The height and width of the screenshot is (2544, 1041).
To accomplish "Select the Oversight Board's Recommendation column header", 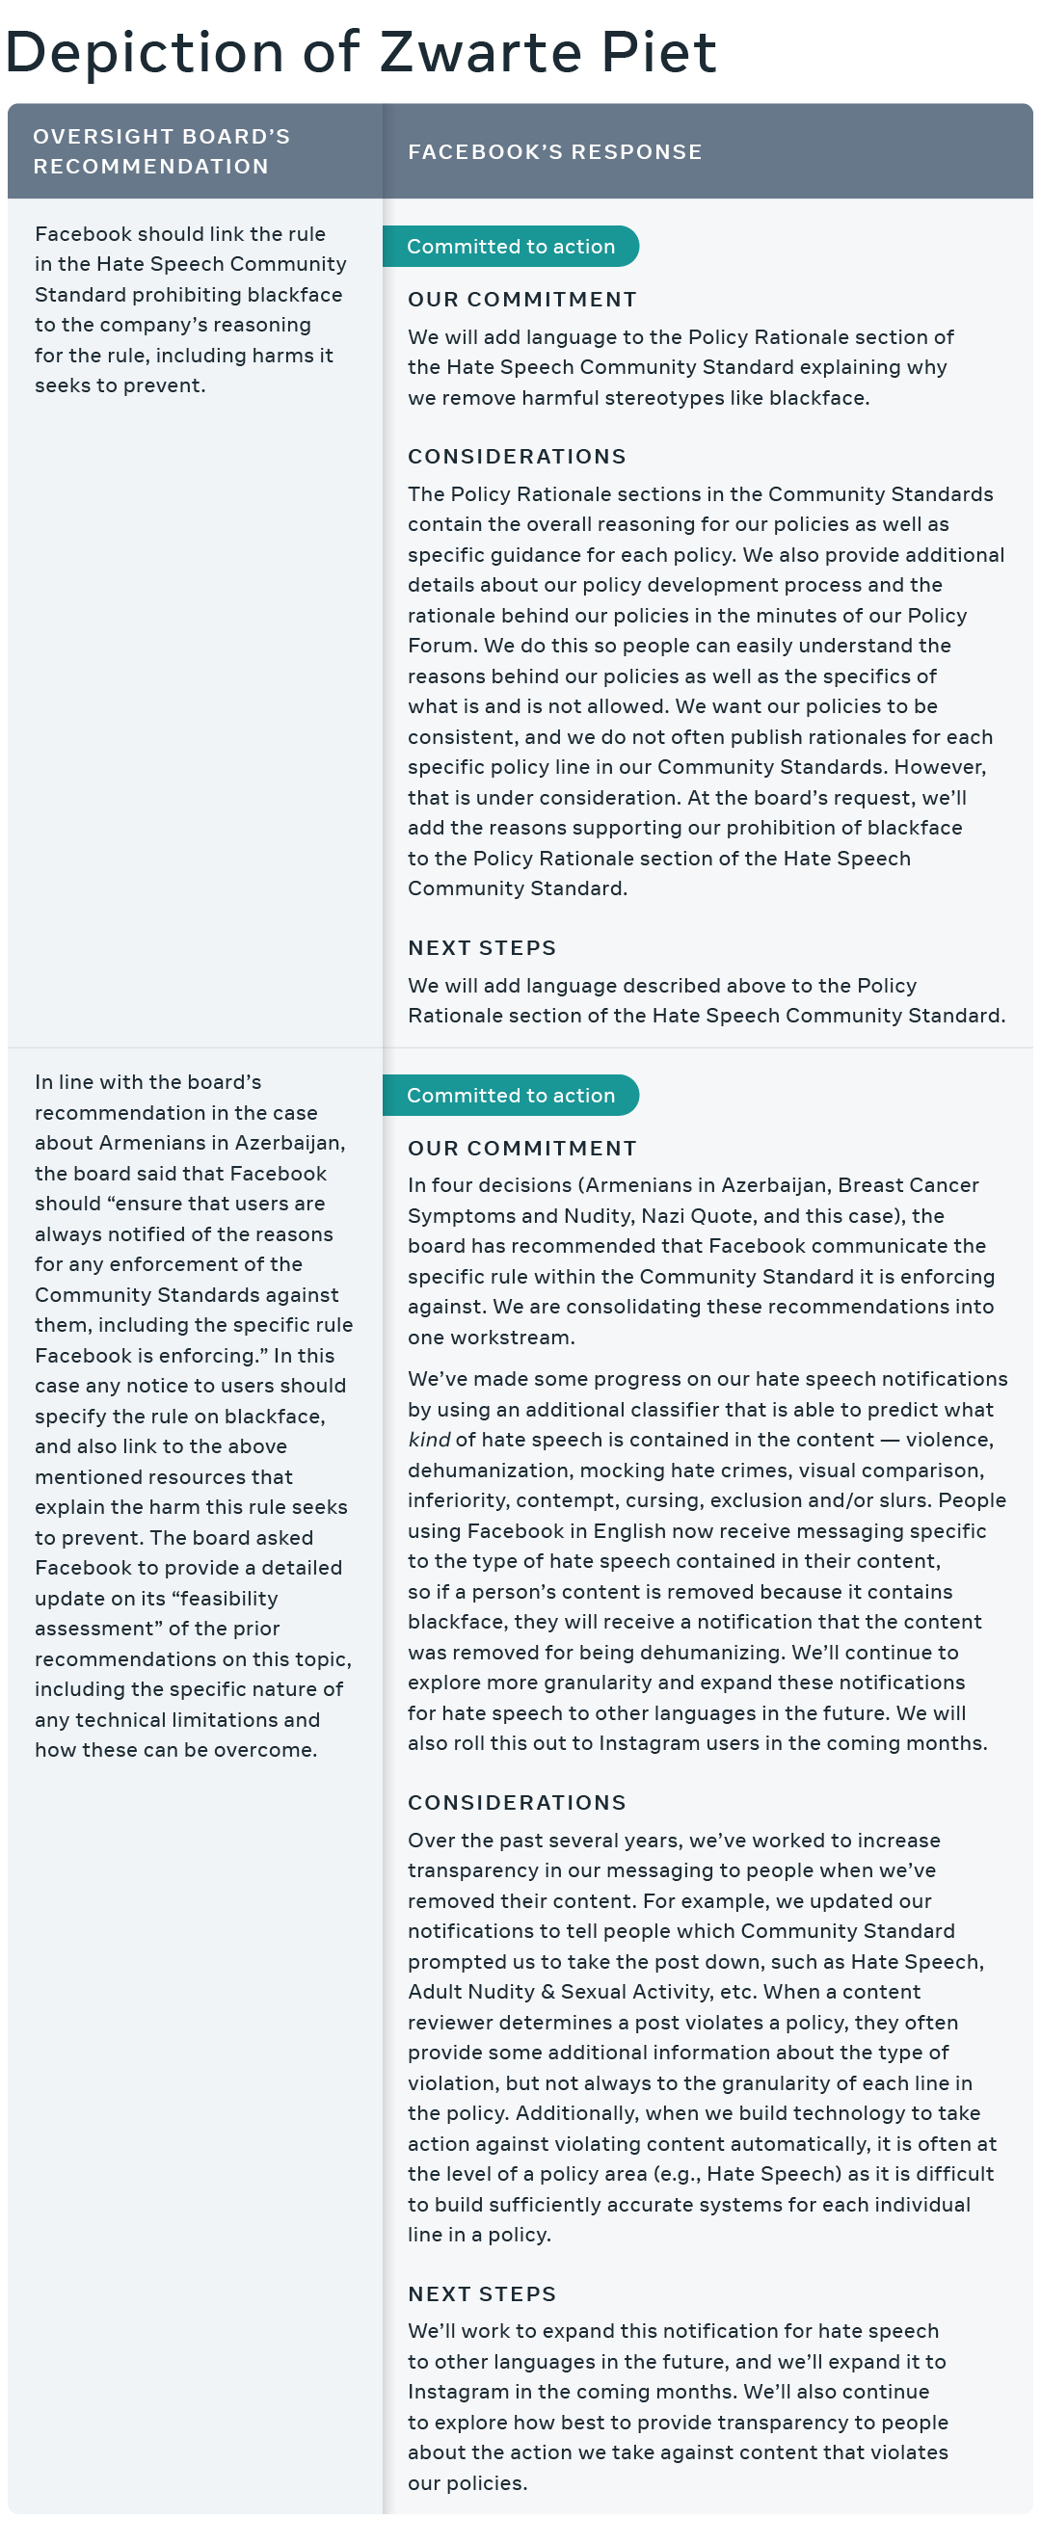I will tap(161, 151).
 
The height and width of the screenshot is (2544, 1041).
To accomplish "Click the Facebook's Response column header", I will tap(555, 152).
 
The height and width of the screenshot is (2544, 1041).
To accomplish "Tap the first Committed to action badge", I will tap(511, 247).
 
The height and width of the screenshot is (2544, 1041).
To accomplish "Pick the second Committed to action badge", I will tap(511, 1096).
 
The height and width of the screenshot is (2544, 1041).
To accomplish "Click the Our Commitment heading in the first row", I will tap(522, 300).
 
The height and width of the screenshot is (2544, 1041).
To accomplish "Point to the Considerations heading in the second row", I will tap(517, 1802).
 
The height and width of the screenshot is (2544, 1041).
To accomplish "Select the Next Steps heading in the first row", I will tap(482, 948).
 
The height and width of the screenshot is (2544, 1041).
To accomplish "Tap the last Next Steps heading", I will tap(482, 2294).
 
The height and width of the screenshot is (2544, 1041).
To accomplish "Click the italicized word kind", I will tap(429, 1440).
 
